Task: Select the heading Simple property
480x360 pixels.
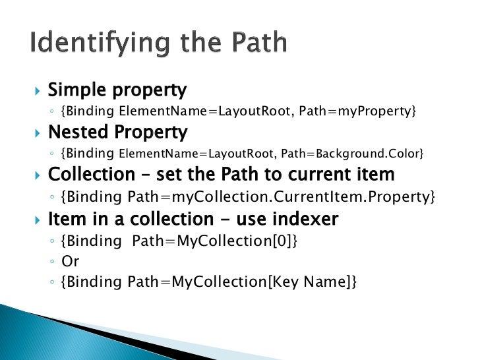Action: [x=117, y=90]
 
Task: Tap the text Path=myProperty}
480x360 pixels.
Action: [x=357, y=111]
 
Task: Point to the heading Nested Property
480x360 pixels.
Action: [x=118, y=133]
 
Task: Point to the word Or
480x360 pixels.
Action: [x=71, y=261]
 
